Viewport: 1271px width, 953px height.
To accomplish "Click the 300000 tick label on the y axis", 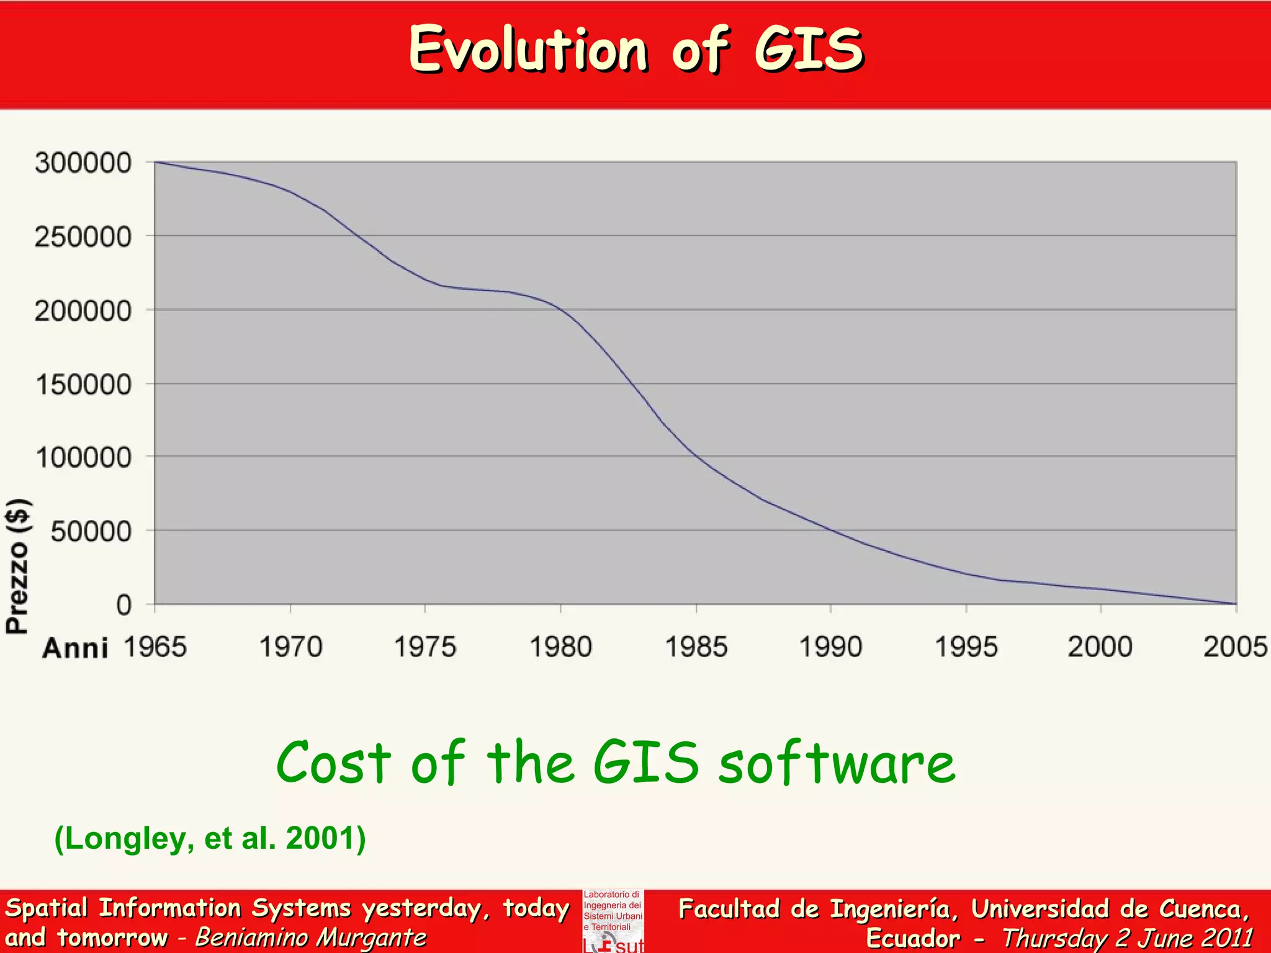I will [83, 163].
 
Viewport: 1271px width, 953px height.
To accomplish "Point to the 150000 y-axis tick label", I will [83, 385].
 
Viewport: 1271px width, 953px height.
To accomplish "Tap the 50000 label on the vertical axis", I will [91, 532].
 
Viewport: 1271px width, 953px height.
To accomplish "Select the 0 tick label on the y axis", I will [124, 605].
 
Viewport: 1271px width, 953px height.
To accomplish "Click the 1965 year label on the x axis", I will [155, 647].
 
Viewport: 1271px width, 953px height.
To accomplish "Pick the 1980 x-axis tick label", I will [560, 647].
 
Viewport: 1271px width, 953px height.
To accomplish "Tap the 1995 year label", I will [966, 647].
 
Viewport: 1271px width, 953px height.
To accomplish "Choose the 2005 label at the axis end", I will [1235, 647].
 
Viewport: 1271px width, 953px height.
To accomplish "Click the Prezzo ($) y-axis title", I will [17, 566].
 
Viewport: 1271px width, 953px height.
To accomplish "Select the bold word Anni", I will [75, 648].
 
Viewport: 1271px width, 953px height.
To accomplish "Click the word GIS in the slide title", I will [809, 50].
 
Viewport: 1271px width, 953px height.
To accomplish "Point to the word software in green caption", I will [837, 763].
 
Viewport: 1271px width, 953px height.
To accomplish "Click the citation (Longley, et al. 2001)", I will [210, 838].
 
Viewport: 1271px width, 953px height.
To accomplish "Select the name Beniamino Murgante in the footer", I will [310, 937].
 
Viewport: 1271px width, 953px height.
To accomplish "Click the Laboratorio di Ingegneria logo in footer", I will [613, 921].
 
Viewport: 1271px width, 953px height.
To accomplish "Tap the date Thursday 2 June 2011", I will [1127, 937].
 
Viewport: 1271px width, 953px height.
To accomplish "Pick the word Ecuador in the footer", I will [912, 937].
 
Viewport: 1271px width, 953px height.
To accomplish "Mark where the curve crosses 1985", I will [696, 457].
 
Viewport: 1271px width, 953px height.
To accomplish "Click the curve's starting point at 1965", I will [155, 162].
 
